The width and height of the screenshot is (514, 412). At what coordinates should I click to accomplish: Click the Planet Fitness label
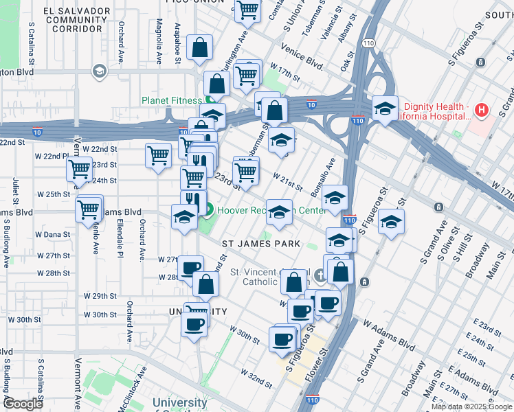(172, 100)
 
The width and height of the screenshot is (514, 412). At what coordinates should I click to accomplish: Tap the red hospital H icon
(481, 110)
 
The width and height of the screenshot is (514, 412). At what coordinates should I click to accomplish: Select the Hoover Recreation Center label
(256, 210)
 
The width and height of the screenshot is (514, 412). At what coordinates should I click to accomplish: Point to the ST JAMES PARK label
(260, 244)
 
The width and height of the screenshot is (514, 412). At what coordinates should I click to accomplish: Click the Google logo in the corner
(22, 404)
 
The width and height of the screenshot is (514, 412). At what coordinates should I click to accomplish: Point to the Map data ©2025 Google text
(471, 407)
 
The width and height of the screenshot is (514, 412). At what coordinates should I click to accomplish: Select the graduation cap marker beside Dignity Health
(385, 107)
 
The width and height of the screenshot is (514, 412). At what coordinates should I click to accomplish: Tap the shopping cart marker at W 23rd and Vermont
(79, 168)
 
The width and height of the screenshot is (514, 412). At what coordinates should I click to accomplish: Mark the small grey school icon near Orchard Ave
(99, 71)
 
